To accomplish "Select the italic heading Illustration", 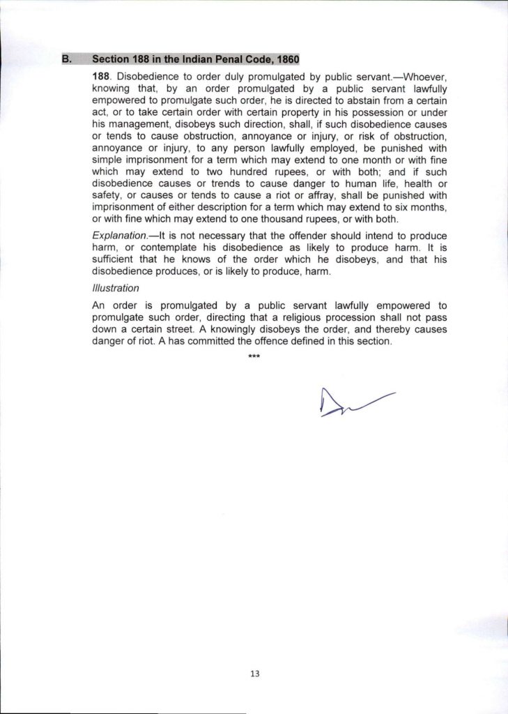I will [116, 287].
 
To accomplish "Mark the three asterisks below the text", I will [254, 358].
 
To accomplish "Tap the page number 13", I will [254, 674].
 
